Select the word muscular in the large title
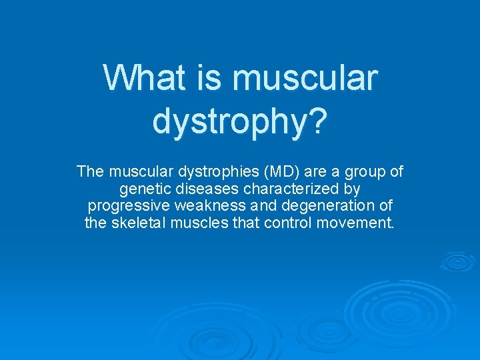click(305, 78)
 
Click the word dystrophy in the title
click(231, 121)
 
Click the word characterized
click(290, 189)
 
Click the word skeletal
click(136, 222)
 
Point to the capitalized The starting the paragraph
click(90, 172)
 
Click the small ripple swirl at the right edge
click(457, 262)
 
